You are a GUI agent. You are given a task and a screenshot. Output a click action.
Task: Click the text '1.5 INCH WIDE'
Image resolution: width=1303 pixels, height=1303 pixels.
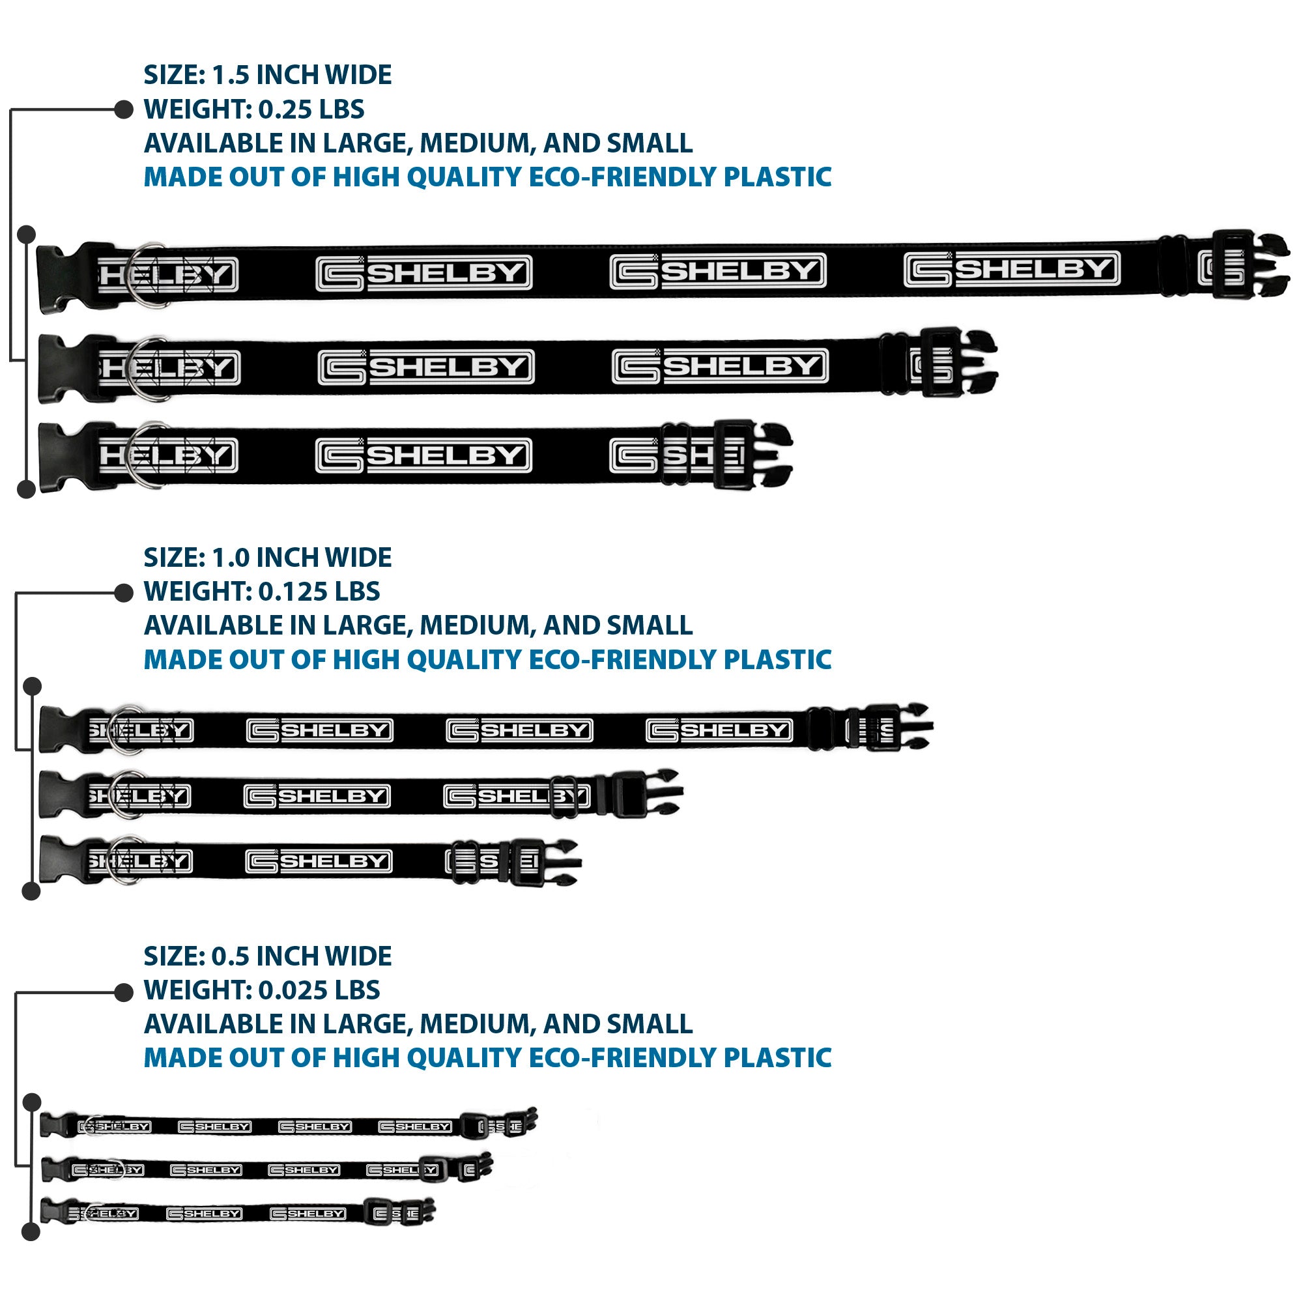(302, 75)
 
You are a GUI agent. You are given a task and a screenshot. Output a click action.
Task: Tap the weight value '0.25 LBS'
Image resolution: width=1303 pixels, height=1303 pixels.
(311, 109)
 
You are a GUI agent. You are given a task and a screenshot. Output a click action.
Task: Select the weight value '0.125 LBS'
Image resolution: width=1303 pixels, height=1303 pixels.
(319, 592)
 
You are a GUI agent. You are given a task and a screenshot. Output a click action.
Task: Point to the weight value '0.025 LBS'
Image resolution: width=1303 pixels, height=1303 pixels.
(319, 990)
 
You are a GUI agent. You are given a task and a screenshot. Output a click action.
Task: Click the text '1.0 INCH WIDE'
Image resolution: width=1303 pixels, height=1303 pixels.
(302, 558)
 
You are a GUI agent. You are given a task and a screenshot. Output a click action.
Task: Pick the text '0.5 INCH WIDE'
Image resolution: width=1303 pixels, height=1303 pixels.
(302, 956)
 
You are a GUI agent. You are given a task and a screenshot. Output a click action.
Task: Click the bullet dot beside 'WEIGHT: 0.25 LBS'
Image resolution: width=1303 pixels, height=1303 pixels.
(123, 109)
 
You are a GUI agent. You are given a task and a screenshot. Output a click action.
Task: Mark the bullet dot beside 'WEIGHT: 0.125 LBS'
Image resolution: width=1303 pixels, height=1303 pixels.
(123, 593)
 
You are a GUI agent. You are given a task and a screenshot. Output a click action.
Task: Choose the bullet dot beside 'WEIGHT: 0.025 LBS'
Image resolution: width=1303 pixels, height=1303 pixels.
(123, 992)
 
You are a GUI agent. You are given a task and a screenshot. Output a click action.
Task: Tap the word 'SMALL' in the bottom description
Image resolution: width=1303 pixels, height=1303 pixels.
(650, 1024)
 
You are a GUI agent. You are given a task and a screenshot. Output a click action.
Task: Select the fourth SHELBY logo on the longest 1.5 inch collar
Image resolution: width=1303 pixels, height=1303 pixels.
(1012, 269)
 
